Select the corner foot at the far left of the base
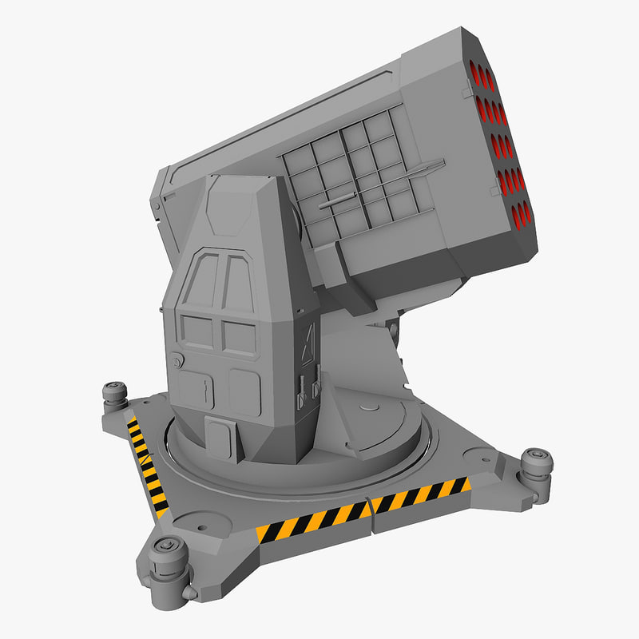tap(115, 395)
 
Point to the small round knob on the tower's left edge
tap(178, 362)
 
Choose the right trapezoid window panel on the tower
tap(238, 284)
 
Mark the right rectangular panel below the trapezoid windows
tap(240, 336)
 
